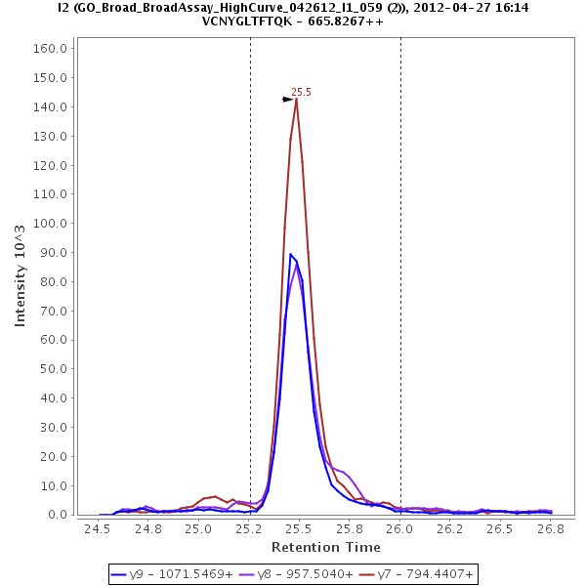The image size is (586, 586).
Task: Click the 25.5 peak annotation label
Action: click(301, 92)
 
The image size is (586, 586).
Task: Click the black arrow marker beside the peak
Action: click(288, 100)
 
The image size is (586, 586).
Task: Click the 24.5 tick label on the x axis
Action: click(98, 529)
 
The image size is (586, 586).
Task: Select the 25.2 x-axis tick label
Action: click(249, 529)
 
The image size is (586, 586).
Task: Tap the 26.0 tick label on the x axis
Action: click(400, 529)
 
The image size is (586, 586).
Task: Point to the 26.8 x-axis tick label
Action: click(552, 529)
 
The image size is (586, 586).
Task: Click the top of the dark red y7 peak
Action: click(296, 99)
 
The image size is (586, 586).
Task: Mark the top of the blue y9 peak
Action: click(291, 254)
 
